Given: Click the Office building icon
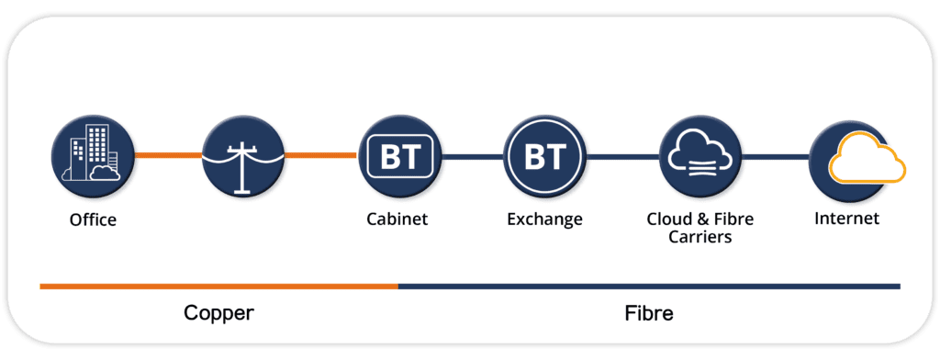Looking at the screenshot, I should [x=91, y=156].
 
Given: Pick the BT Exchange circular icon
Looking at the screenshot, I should [x=545, y=156].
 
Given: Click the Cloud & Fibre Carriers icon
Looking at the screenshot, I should [x=700, y=156].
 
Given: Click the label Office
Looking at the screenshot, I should [x=93, y=220].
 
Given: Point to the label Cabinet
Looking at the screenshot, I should [x=397, y=219].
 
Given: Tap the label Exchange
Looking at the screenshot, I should [x=544, y=219].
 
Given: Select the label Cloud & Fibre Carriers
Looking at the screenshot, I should [x=700, y=229].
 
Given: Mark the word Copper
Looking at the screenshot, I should [x=218, y=313].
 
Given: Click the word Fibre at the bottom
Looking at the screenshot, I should [x=648, y=313].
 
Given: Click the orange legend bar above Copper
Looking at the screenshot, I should [x=218, y=287].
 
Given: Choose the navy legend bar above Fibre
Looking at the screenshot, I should [x=648, y=287].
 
